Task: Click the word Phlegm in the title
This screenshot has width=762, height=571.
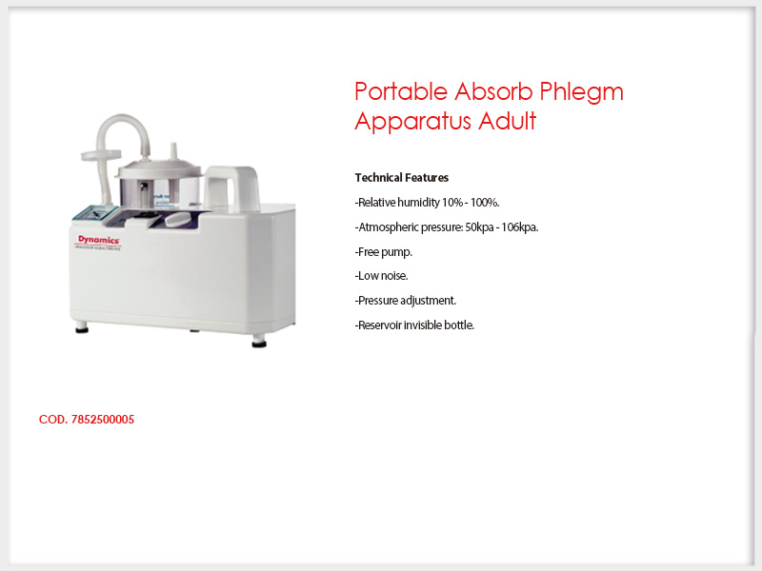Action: click(582, 92)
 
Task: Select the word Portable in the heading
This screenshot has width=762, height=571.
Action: click(401, 90)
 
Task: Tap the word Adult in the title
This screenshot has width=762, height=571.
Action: click(507, 121)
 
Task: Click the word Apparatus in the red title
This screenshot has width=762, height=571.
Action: click(412, 122)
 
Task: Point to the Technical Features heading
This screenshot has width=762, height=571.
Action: click(401, 178)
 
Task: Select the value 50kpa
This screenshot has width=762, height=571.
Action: click(479, 227)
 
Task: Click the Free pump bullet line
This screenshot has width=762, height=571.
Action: click(384, 252)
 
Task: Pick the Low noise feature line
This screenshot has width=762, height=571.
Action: click(382, 276)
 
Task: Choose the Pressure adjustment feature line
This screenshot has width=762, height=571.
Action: click(406, 301)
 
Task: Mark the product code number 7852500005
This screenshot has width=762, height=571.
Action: click(103, 420)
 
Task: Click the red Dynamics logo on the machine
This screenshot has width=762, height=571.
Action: click(99, 240)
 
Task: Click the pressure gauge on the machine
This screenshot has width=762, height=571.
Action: click(95, 213)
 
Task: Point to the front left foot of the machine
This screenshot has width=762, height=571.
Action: click(82, 327)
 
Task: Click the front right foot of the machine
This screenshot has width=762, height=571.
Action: click(259, 342)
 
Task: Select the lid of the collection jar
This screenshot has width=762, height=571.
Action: click(158, 167)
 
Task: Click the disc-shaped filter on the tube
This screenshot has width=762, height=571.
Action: click(101, 155)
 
